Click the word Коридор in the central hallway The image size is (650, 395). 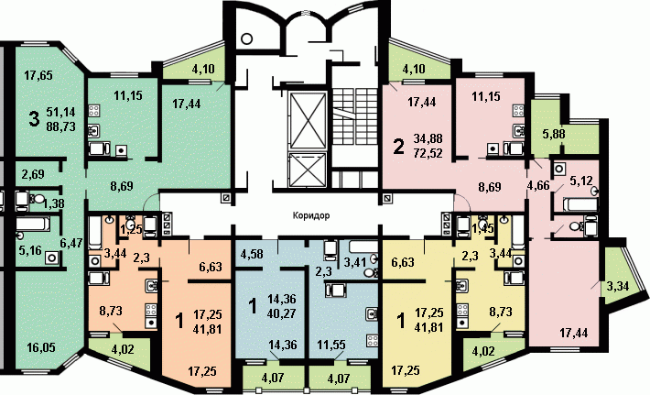[x=311, y=215]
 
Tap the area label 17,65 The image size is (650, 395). [x=38, y=75]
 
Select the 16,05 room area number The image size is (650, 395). [x=40, y=347]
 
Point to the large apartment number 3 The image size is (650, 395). [x=34, y=118]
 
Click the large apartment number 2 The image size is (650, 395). [x=398, y=147]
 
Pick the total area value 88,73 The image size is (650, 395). [x=61, y=126]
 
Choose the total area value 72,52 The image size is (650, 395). [x=428, y=153]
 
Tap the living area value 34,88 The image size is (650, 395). [x=428, y=138]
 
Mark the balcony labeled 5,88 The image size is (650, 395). [x=554, y=134]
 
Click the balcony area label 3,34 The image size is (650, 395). [x=618, y=286]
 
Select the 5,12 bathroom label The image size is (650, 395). [x=581, y=181]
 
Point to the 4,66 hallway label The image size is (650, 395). [x=538, y=184]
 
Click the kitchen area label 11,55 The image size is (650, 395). [x=331, y=345]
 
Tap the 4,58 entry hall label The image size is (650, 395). [x=251, y=253]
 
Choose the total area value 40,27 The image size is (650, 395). [x=282, y=313]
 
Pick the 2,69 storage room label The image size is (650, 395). [x=33, y=174]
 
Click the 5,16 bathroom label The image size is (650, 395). [x=30, y=250]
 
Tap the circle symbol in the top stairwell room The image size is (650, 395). [x=246, y=39]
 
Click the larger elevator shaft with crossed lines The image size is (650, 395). [x=308, y=120]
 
